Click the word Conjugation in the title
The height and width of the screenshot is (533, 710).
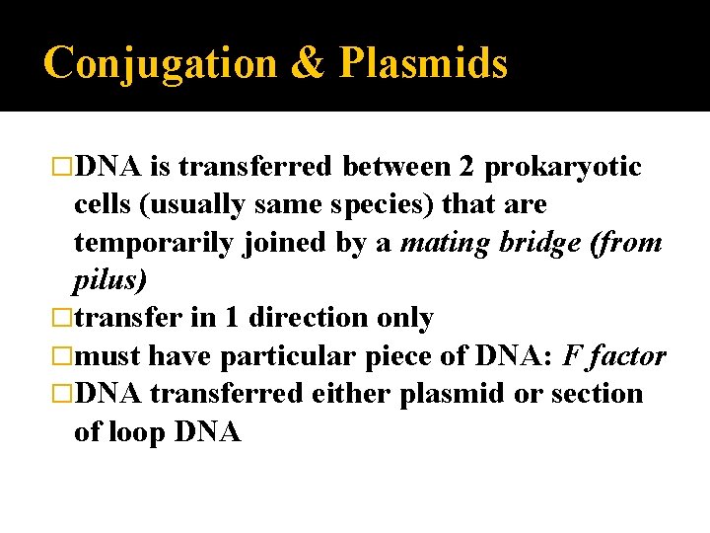pos(160,63)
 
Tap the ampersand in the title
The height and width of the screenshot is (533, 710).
pos(308,63)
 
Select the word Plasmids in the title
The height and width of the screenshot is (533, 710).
pos(424,63)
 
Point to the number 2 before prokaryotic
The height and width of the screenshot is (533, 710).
pos(467,168)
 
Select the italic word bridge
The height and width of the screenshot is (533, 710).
pos(547,243)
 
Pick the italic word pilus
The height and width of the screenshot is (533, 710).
pos(109,280)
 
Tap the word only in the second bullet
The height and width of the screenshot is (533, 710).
pos(408,318)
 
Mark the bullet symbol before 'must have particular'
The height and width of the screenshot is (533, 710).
pos(62,355)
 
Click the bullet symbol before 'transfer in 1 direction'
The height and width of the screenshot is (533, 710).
pos(62,318)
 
